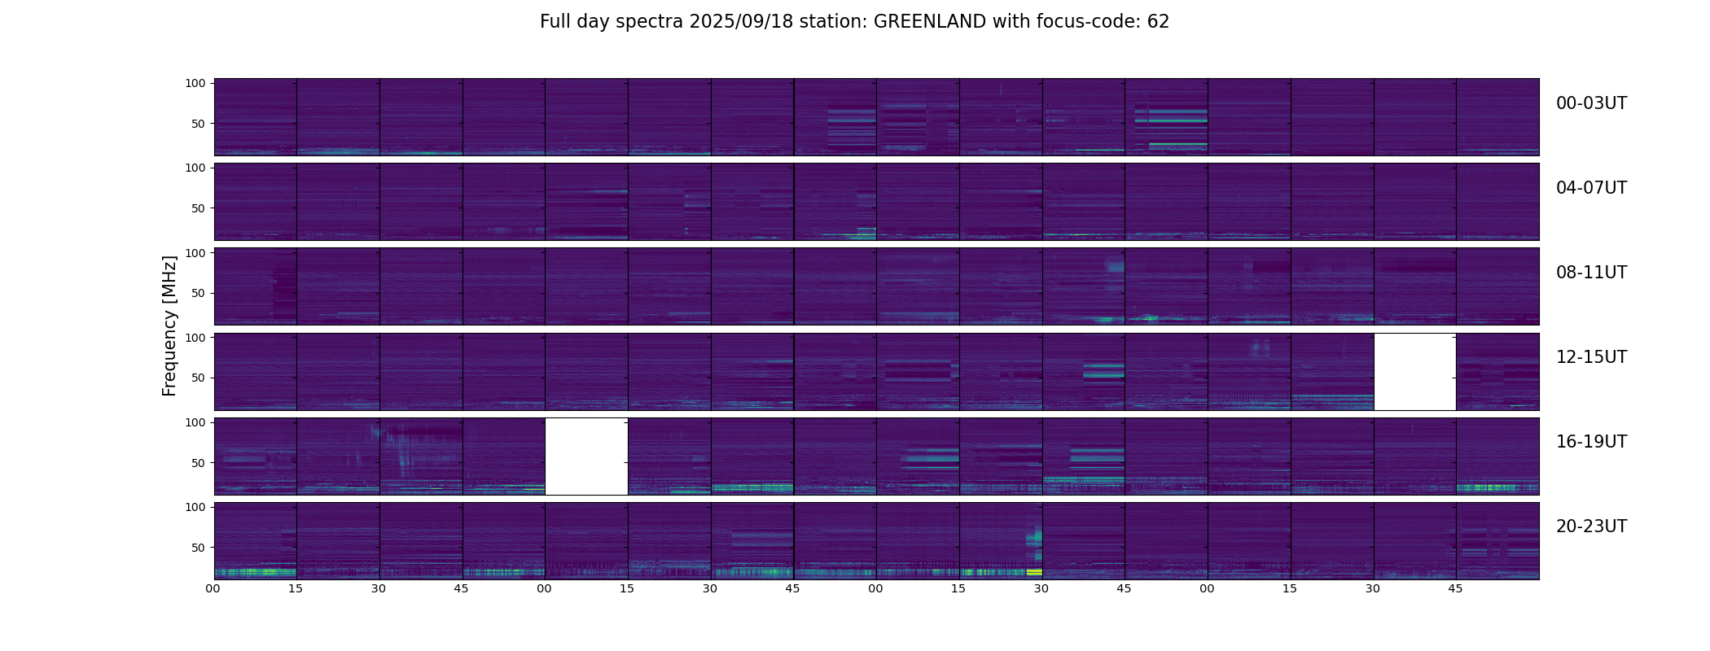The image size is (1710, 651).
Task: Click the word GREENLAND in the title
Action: click(x=929, y=22)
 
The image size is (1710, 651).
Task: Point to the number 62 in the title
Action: click(x=1158, y=22)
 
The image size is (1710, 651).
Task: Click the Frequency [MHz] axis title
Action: click(x=169, y=325)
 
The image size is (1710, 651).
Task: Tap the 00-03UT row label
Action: click(x=1591, y=103)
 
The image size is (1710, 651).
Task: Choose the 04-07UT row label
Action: click(x=1591, y=188)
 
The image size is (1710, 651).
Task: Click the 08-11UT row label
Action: click(x=1591, y=273)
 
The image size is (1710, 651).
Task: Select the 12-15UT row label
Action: click(x=1591, y=357)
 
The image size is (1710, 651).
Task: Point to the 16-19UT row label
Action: click(x=1591, y=442)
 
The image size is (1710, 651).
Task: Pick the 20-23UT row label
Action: click(x=1591, y=526)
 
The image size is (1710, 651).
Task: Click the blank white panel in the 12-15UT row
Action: click(x=1414, y=372)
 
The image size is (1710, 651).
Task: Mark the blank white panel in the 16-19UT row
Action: click(x=586, y=457)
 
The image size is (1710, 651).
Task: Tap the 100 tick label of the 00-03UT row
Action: click(x=195, y=83)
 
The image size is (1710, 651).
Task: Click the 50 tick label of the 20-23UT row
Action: click(x=199, y=548)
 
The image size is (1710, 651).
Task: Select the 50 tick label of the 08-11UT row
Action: click(x=199, y=293)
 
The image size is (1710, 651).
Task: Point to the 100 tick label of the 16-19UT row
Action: click(x=195, y=422)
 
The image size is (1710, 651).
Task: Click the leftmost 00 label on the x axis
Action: click(x=213, y=589)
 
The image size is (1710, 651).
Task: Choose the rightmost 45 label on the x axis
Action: click(x=1455, y=589)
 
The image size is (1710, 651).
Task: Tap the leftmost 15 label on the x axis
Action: click(x=296, y=589)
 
